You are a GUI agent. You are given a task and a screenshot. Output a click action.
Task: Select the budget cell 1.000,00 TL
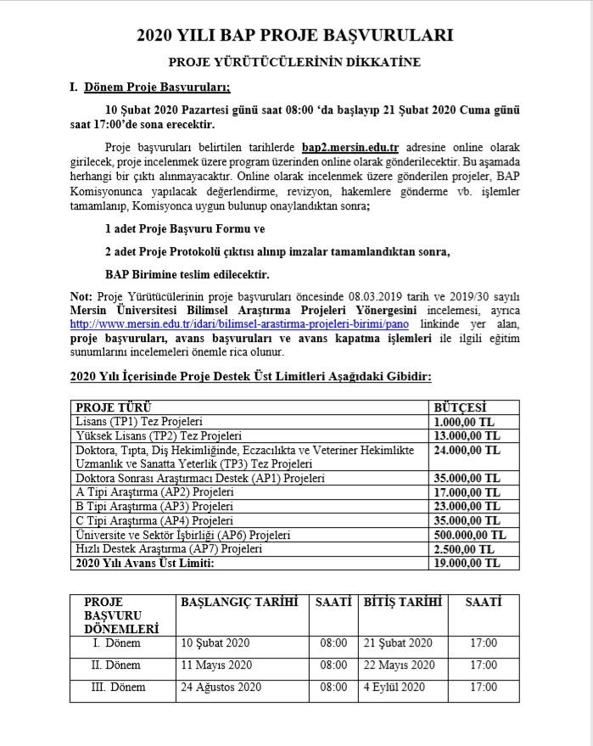(x=461, y=421)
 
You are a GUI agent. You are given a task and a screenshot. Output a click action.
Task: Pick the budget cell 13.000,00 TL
(x=464, y=435)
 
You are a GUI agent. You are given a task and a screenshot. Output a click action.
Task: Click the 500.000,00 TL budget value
(x=469, y=535)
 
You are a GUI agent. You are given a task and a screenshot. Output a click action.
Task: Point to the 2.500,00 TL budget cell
(x=461, y=549)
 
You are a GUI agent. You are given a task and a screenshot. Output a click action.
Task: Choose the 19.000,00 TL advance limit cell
(x=464, y=563)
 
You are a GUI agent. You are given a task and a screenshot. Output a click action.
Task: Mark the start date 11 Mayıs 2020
(x=216, y=665)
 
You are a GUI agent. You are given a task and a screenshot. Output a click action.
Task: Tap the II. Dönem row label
(x=116, y=665)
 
